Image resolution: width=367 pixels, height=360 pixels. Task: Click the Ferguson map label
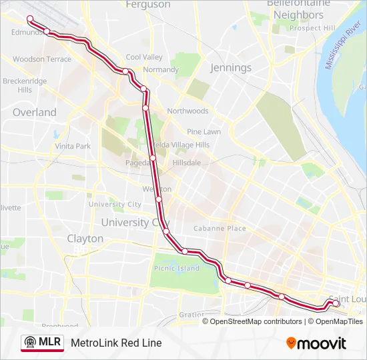point(147,5)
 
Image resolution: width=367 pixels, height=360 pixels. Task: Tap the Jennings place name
point(231,67)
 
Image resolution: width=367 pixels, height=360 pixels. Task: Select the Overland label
point(35,112)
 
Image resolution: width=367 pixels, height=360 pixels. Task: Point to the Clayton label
point(85,238)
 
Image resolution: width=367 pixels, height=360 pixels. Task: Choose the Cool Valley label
point(144,57)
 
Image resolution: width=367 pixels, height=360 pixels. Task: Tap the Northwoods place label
point(188,111)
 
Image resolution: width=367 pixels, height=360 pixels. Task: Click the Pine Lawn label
point(204,131)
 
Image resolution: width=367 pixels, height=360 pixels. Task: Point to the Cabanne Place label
point(220,228)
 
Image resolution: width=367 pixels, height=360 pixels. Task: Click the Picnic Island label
point(177,268)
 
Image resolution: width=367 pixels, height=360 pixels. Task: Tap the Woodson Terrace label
point(42,59)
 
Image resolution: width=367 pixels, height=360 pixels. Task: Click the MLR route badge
point(42,343)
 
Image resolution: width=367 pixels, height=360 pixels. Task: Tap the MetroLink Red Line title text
point(116,343)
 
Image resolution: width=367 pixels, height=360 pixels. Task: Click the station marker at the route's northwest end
point(30,18)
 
